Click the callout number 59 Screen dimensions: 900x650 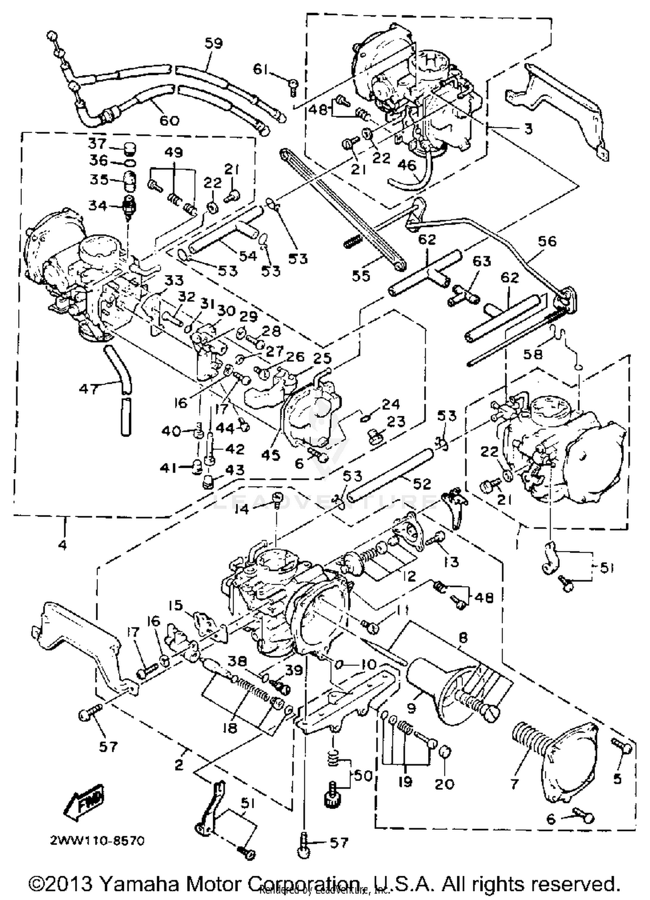[x=213, y=43]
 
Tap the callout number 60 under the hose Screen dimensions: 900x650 [x=169, y=120]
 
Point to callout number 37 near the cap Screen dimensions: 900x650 [x=97, y=142]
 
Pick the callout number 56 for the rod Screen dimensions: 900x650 [x=547, y=241]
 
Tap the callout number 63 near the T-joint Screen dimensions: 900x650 [x=481, y=261]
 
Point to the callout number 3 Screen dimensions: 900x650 [x=528, y=129]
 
